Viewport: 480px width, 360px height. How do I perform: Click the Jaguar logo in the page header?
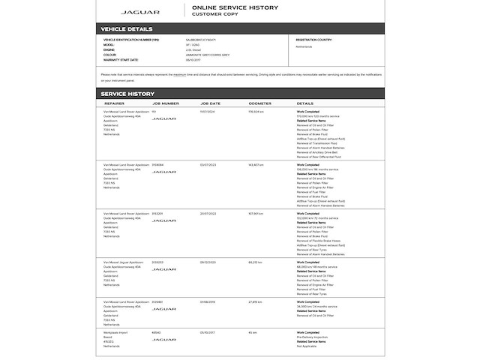click(x=140, y=12)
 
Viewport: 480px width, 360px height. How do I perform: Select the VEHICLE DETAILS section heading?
click(x=127, y=29)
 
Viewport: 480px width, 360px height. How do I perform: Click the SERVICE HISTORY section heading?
click(x=128, y=94)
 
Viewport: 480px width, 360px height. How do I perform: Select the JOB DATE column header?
click(x=211, y=103)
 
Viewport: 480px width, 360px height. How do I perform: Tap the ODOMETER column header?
click(x=259, y=103)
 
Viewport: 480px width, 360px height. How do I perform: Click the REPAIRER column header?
click(x=115, y=103)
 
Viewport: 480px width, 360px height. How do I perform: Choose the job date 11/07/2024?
click(x=208, y=112)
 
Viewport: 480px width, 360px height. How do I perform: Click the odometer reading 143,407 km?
click(x=256, y=163)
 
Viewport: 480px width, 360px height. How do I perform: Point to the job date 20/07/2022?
click(x=208, y=213)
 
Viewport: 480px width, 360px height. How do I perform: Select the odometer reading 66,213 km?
click(x=255, y=262)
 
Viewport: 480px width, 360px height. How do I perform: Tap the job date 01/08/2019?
click(x=208, y=302)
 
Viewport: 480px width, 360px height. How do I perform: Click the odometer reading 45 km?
click(x=252, y=332)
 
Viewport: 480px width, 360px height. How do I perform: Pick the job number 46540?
click(x=156, y=332)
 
